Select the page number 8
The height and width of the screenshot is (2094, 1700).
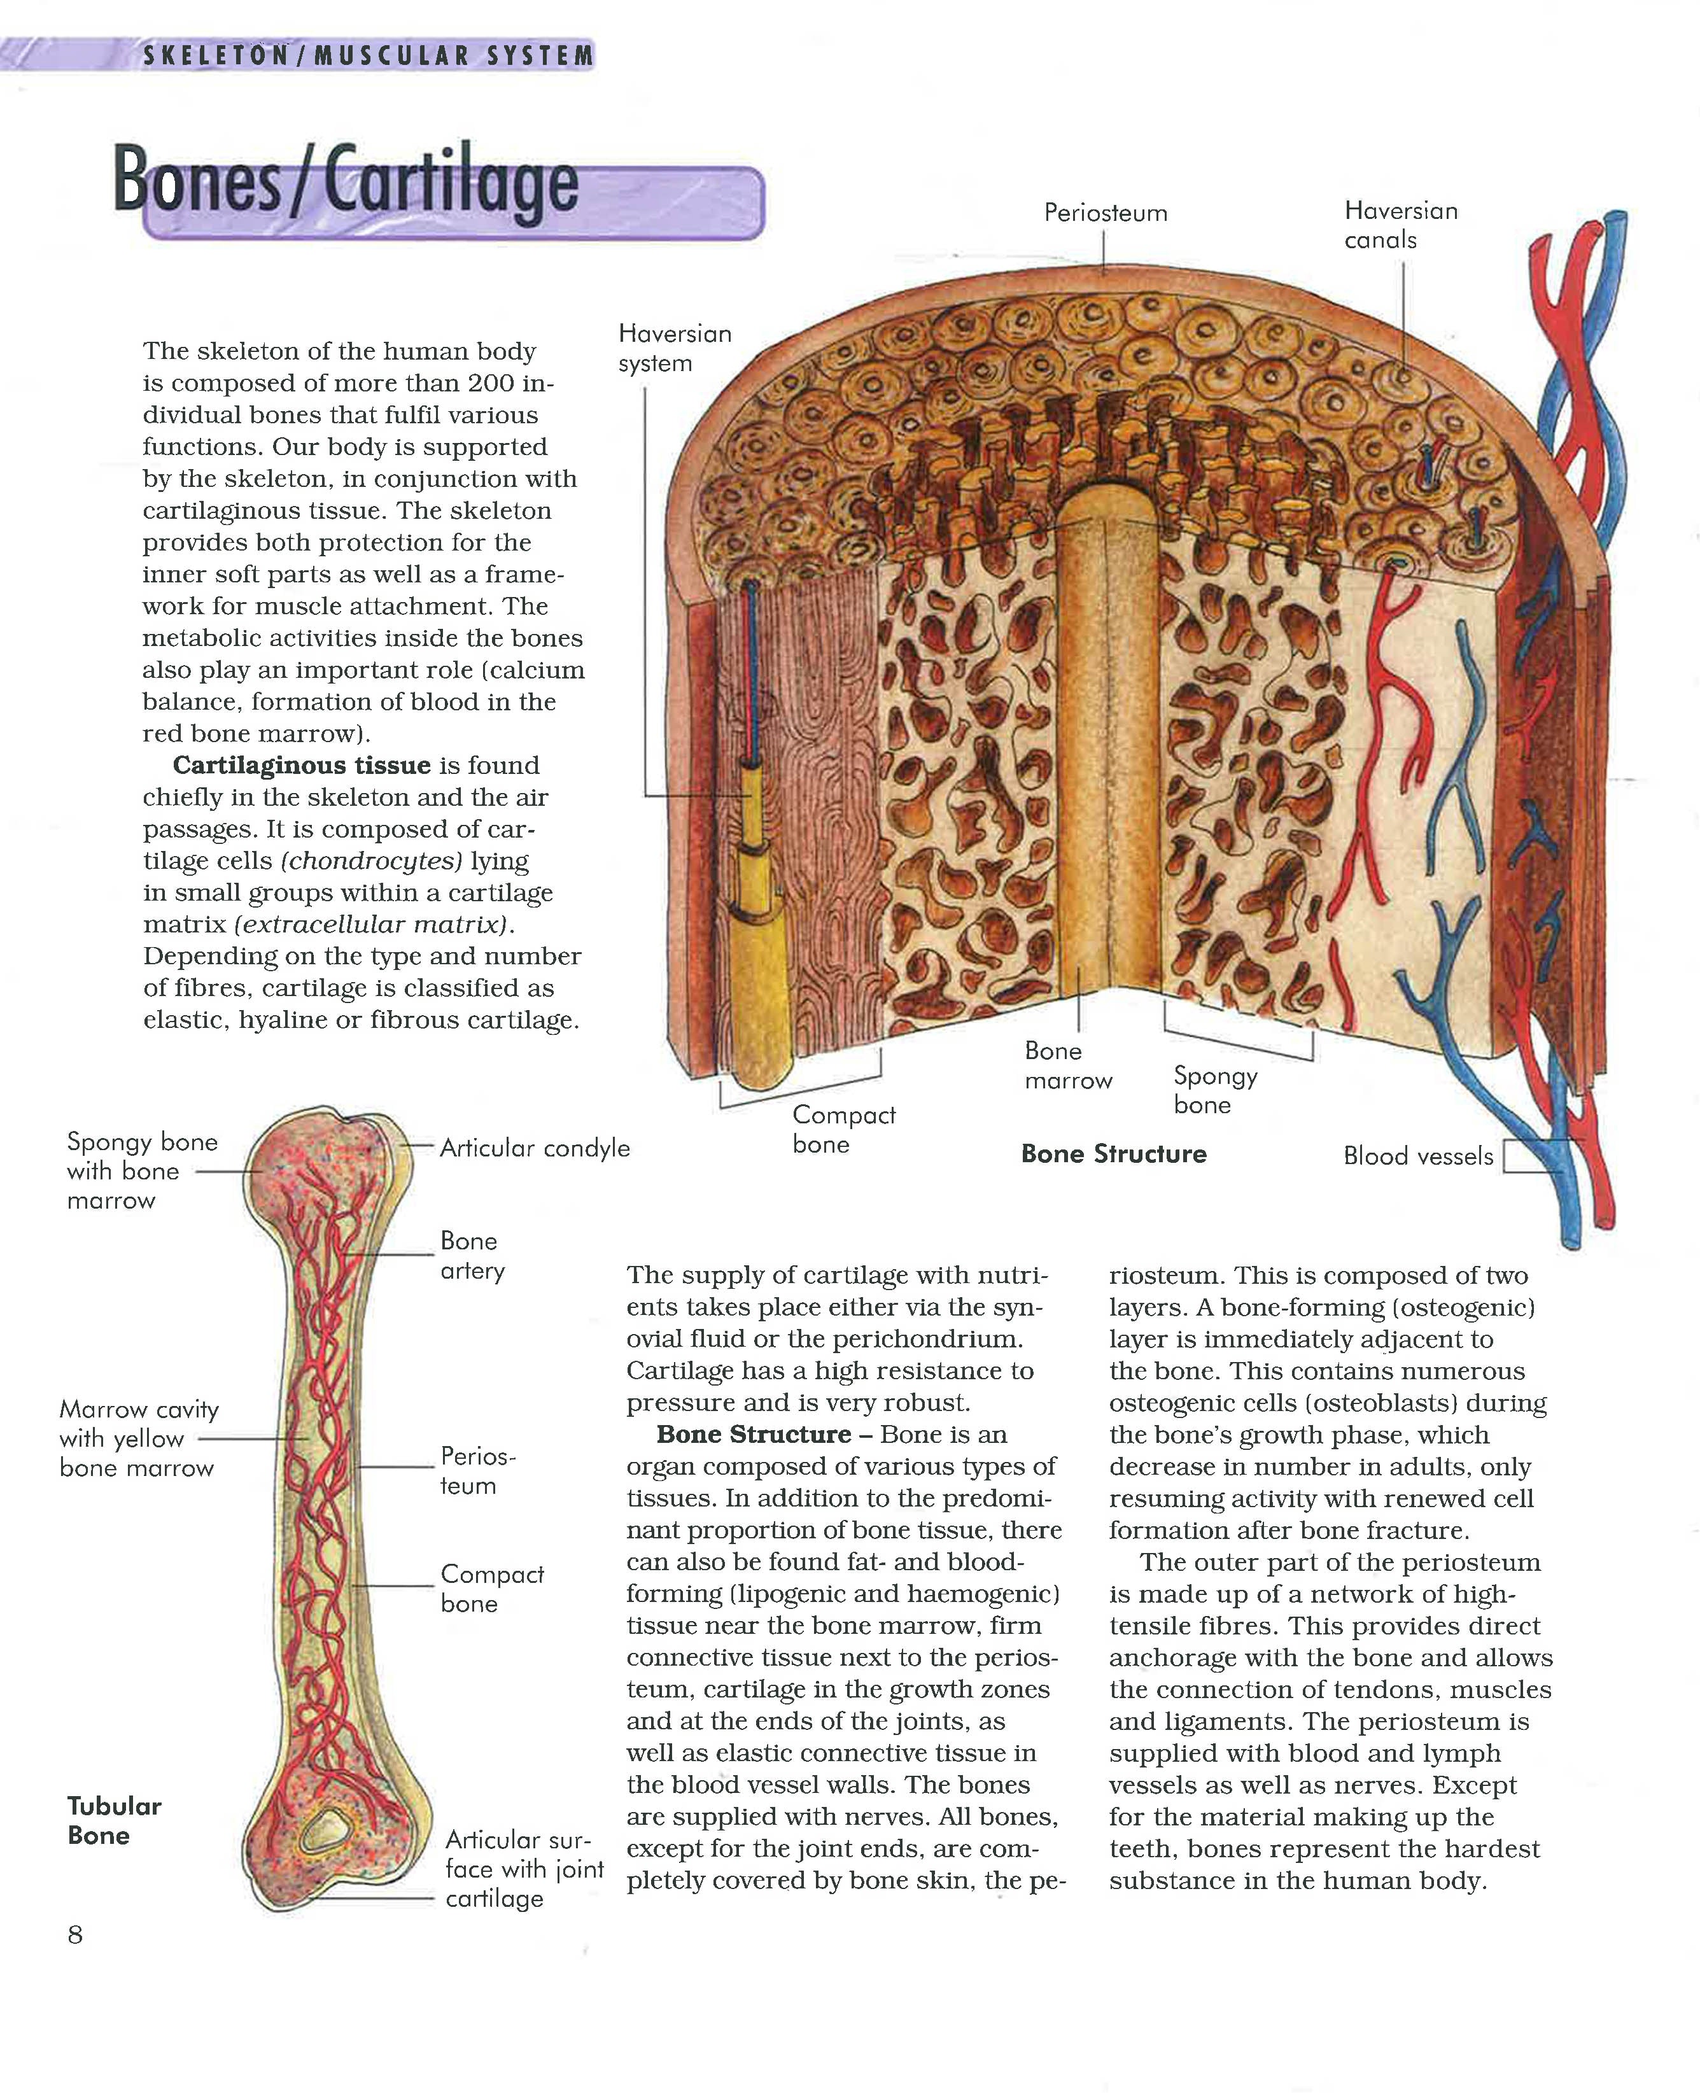click(x=75, y=1934)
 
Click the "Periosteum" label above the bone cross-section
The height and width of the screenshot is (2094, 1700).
click(x=1105, y=213)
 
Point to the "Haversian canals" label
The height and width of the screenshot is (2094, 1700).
click(x=1400, y=225)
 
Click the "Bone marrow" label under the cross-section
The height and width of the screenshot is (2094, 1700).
click(x=1067, y=1065)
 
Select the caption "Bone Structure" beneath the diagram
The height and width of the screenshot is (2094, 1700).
click(x=1113, y=1154)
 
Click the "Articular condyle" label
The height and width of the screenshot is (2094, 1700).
click(x=534, y=1148)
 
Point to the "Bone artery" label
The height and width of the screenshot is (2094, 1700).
click(x=472, y=1256)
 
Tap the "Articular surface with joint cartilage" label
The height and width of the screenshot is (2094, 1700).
click(x=524, y=1869)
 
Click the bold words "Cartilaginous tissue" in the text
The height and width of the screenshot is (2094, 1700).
click(x=302, y=765)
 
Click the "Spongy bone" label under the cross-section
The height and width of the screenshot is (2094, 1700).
click(x=1214, y=1090)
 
